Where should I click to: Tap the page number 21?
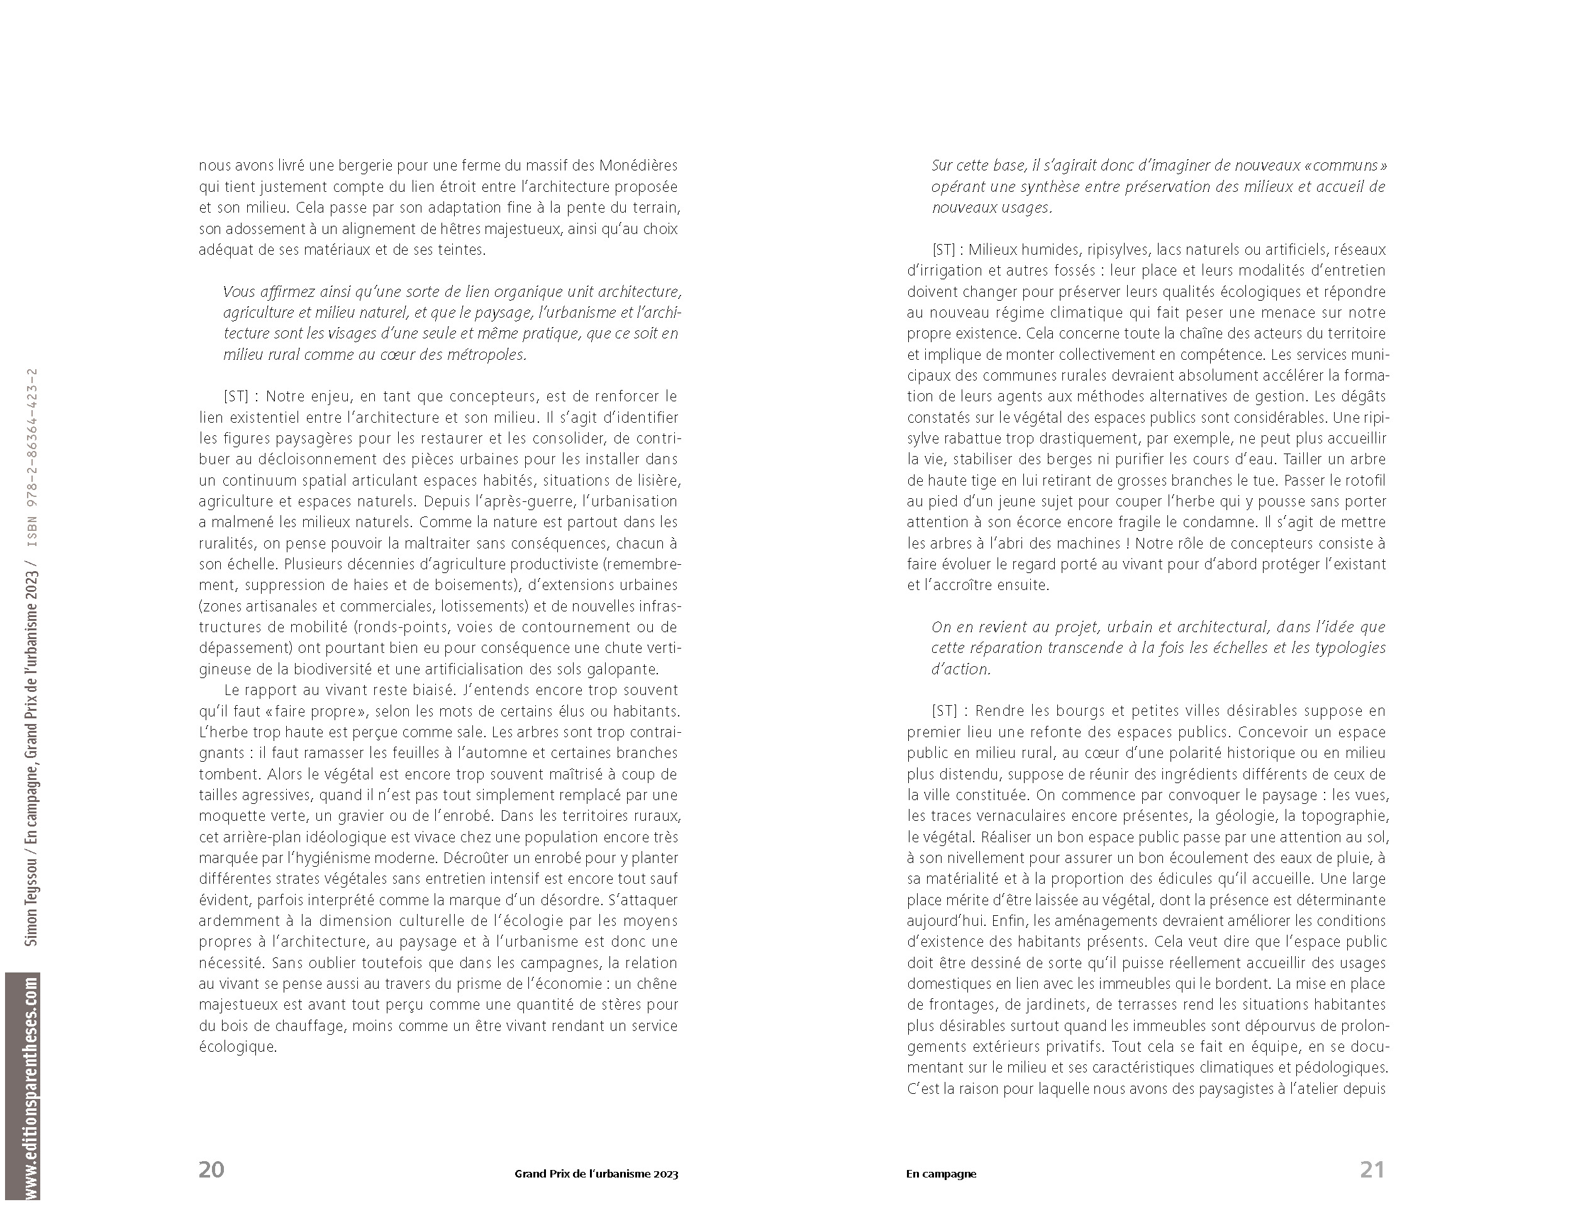tap(1372, 1169)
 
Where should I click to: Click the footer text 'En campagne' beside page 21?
tap(940, 1174)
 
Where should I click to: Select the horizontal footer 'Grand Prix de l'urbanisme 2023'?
tap(596, 1174)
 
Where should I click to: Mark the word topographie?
tap(1342, 816)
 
